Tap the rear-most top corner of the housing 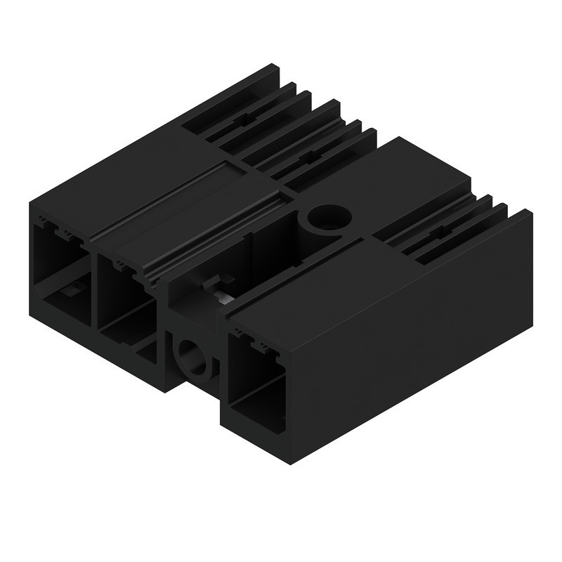(272, 66)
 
